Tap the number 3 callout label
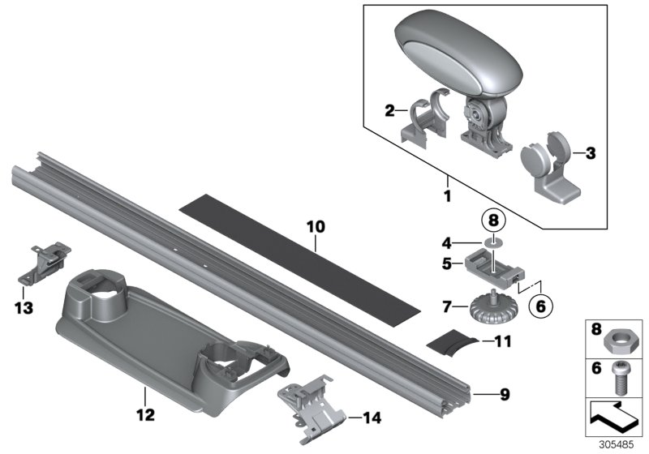590,152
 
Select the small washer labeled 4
491,241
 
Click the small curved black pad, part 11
474,342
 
